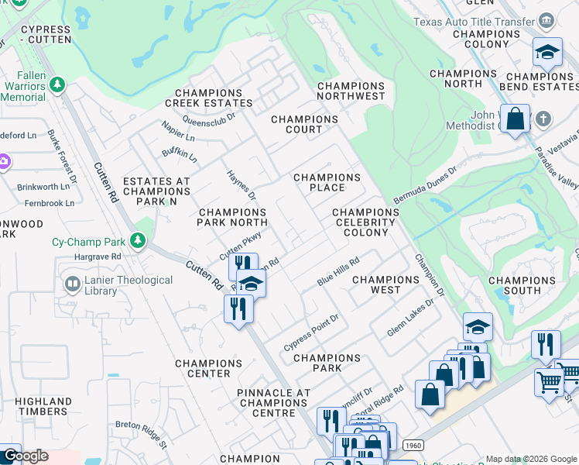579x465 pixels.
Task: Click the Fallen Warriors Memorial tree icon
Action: coord(57,83)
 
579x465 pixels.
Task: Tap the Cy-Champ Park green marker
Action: coord(138,241)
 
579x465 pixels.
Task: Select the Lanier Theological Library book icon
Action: coord(73,285)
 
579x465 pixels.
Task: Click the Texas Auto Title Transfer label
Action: coord(475,22)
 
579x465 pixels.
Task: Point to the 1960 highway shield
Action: coord(411,443)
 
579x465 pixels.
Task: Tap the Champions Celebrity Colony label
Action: coord(365,222)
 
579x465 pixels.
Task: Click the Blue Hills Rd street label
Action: coord(339,272)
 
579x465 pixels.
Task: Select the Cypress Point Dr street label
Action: coord(311,332)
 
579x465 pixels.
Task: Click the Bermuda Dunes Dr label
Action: coord(426,178)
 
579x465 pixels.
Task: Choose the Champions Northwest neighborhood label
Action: coord(351,91)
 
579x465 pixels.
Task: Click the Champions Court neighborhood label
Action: coord(304,124)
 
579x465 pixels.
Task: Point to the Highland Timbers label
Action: coord(43,406)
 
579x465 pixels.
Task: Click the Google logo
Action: coord(26,456)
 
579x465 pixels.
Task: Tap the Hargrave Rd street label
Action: coord(98,256)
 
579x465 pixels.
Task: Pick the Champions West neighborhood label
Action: coord(385,284)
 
